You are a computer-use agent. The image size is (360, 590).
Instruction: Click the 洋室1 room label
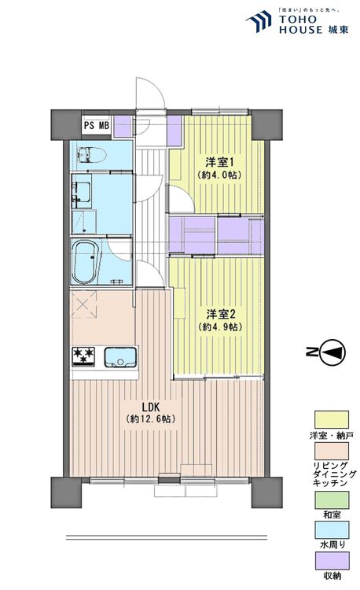220,163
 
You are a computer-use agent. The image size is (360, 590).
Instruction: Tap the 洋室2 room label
221,314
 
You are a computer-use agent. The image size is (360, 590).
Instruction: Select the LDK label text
151,407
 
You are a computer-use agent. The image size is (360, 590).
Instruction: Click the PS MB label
97,125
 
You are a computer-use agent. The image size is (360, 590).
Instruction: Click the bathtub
86,263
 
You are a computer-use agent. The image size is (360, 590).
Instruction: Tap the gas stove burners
83,356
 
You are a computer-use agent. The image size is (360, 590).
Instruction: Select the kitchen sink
120,357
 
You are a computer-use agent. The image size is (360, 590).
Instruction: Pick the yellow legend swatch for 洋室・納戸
332,419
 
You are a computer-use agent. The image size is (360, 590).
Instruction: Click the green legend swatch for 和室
332,500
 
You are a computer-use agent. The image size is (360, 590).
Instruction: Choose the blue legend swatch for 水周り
332,529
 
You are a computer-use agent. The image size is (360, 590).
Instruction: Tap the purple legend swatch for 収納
332,560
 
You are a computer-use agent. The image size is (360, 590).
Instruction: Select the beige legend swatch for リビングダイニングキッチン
332,451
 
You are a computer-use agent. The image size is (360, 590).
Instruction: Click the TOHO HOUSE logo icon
259,22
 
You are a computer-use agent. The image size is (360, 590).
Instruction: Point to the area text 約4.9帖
220,327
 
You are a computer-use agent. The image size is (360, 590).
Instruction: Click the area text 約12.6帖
151,419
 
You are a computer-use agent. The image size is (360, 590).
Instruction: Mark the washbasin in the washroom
83,194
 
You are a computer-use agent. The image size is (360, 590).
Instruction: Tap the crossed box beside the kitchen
85,304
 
